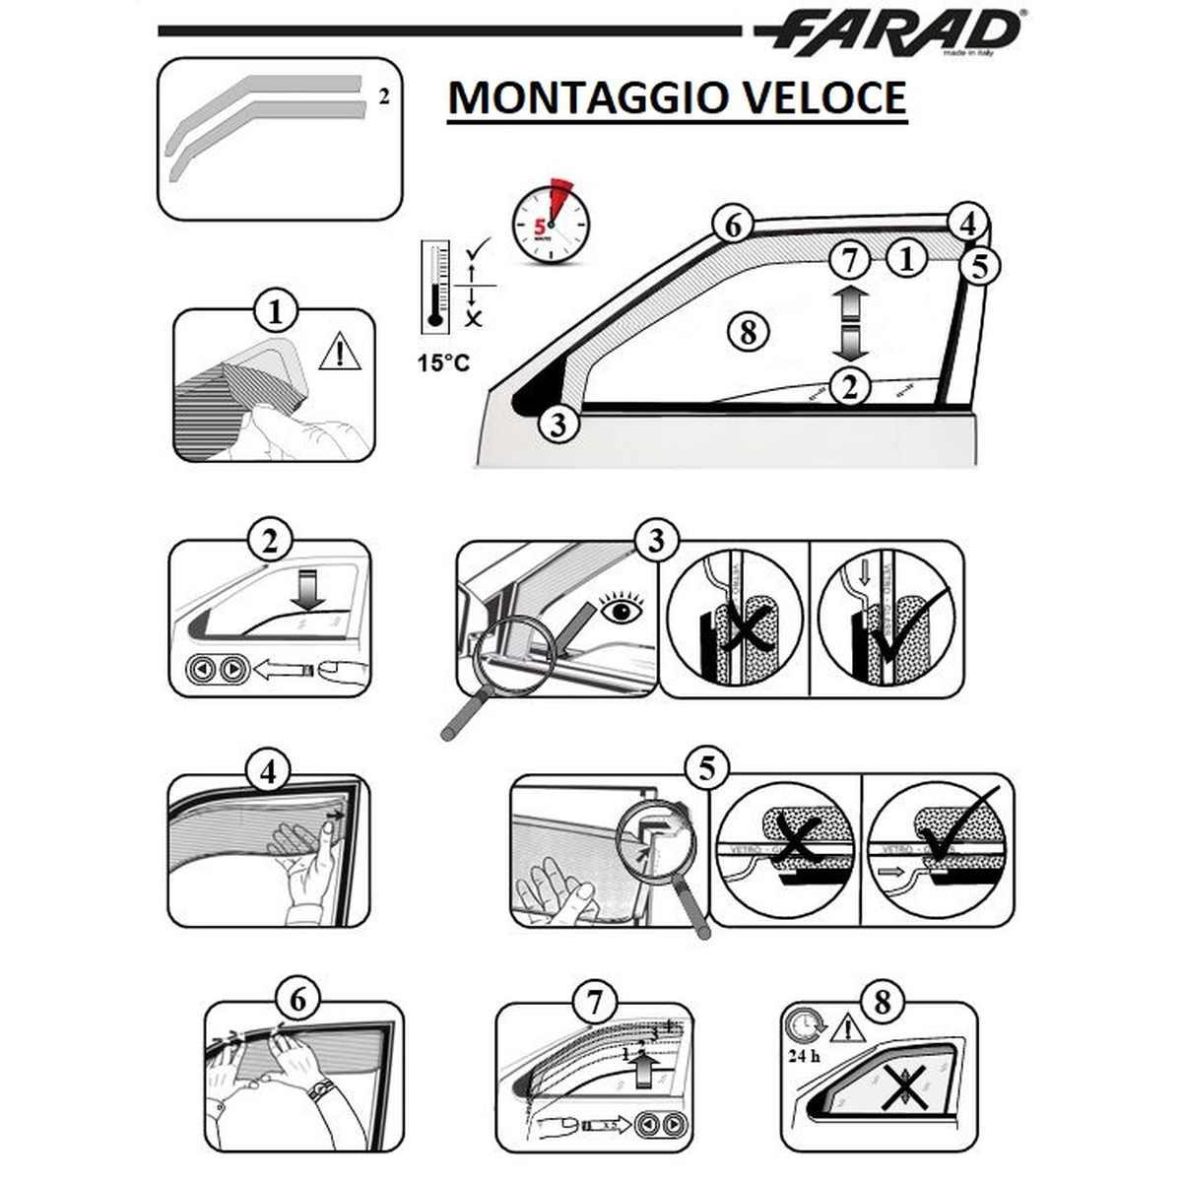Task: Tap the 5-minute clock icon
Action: [551, 224]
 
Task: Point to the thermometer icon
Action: [434, 285]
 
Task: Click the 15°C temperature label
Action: [442, 362]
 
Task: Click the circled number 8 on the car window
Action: [749, 331]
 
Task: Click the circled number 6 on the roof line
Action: [733, 226]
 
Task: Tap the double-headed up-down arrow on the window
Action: [850, 323]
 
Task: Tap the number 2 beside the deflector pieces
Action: [384, 97]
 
